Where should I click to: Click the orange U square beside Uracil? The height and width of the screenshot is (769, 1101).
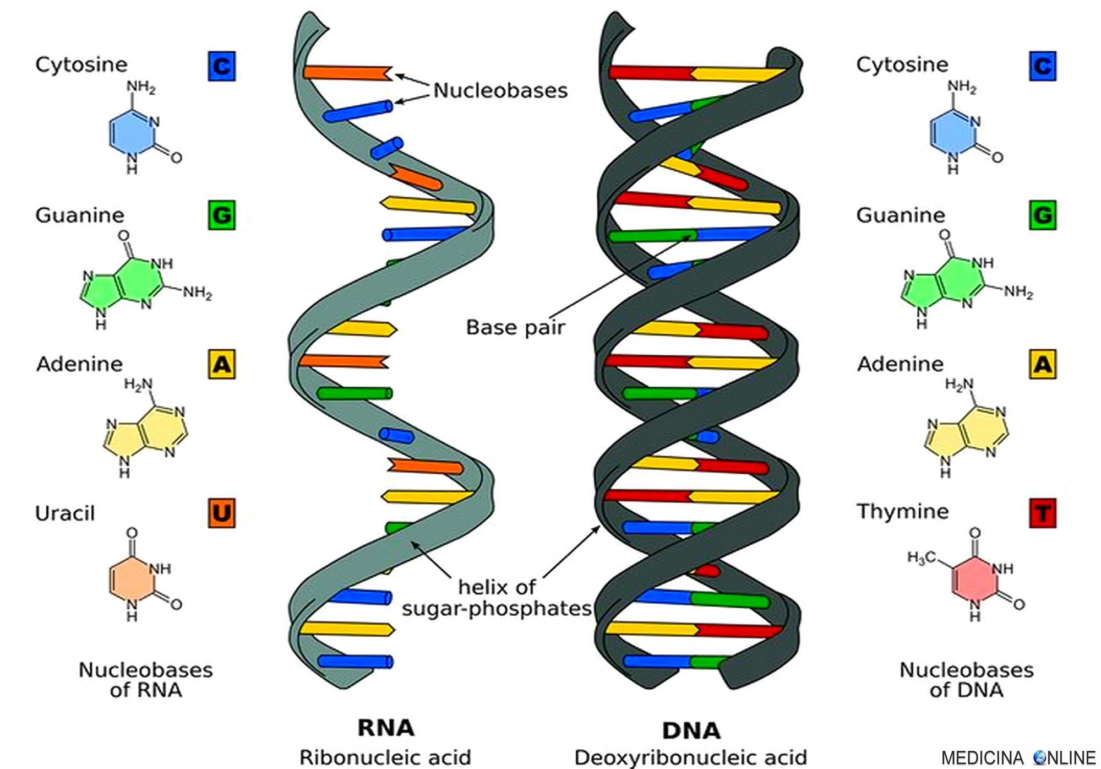tap(221, 513)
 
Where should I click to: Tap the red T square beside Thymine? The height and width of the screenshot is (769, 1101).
tap(1042, 513)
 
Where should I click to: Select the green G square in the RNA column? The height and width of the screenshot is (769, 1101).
tap(221, 215)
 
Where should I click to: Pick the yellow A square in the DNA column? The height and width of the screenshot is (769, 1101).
tap(1042, 364)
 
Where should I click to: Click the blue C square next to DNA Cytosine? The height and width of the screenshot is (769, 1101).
tap(1042, 66)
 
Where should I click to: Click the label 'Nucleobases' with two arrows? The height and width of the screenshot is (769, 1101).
tap(500, 90)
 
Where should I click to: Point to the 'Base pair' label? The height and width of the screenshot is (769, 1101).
tap(515, 327)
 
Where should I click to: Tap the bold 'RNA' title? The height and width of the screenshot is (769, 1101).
tap(386, 728)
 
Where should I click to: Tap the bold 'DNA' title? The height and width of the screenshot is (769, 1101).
tap(691, 730)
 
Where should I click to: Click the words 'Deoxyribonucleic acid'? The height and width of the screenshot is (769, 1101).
tap(690, 758)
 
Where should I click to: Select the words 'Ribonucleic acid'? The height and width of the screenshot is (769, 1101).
tap(385, 758)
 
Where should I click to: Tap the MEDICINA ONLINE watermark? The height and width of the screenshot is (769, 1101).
tap(1018, 758)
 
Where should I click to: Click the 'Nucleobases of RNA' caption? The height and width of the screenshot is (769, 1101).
tap(145, 680)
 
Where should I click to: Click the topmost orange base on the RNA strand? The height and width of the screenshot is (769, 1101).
tap(347, 72)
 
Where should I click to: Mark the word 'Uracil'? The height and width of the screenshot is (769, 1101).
tap(65, 513)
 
